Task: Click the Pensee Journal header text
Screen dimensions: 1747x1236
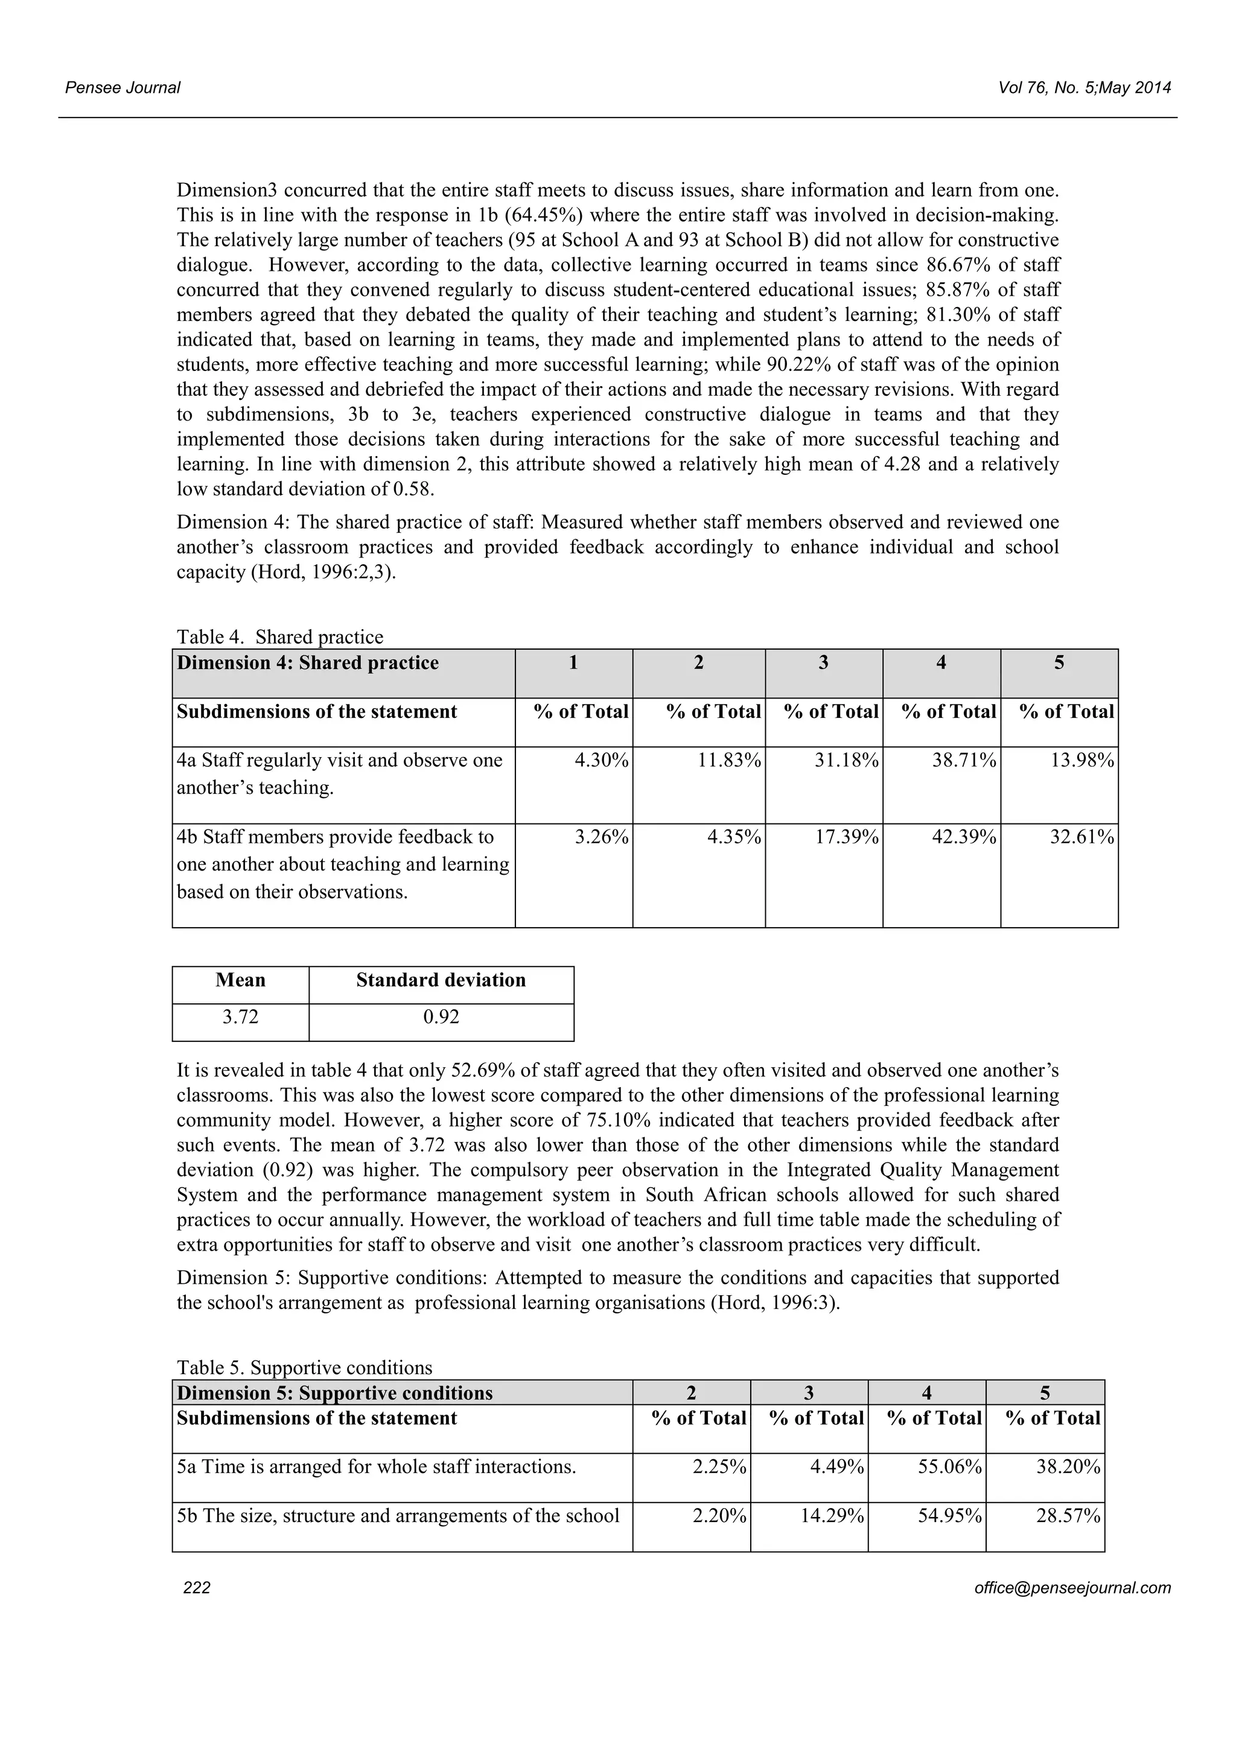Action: (x=123, y=87)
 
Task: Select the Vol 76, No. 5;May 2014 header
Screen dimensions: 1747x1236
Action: (x=1085, y=87)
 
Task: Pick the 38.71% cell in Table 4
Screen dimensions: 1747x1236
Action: (x=964, y=760)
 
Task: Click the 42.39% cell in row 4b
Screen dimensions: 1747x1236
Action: (x=964, y=837)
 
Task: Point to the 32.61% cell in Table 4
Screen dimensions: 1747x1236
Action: (x=1082, y=837)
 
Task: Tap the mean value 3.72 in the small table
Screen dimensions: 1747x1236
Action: (x=241, y=1016)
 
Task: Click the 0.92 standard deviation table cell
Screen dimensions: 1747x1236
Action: (x=441, y=1016)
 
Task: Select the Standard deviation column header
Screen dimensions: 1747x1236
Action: (x=441, y=980)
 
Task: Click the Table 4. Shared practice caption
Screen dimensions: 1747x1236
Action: (x=280, y=637)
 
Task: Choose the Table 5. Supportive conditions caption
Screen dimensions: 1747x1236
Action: (x=304, y=1368)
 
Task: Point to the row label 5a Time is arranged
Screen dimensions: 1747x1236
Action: (x=376, y=1466)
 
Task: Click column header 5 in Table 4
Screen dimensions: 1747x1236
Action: (x=1059, y=663)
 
